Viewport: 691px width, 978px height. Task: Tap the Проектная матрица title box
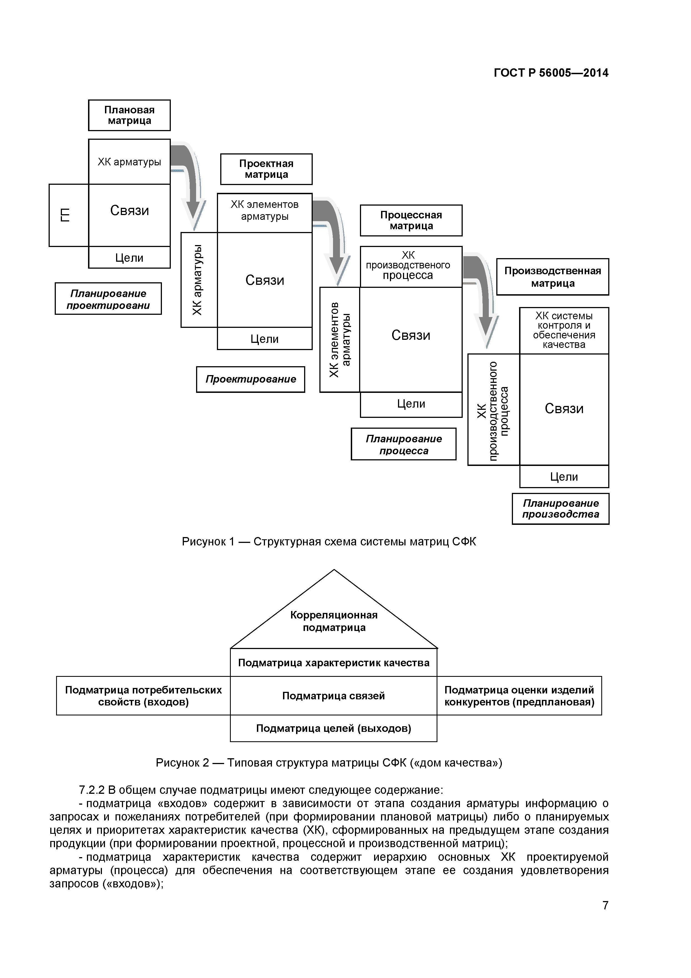tap(266, 169)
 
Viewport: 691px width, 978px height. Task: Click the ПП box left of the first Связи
tap(69, 215)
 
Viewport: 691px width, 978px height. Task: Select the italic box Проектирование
tap(250, 379)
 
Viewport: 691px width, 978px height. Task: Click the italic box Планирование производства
tap(560, 509)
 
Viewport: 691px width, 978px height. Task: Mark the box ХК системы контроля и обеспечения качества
tap(564, 331)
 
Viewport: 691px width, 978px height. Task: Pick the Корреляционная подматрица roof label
tap(334, 621)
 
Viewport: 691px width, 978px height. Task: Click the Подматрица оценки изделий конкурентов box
tap(519, 696)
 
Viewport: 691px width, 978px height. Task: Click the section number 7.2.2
tap(92, 790)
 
